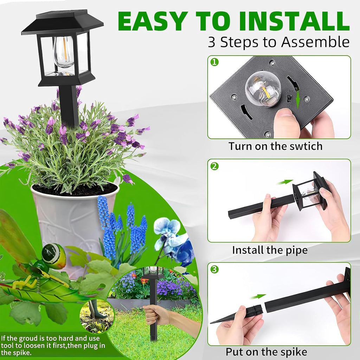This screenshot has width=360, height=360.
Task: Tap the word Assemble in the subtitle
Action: (315, 42)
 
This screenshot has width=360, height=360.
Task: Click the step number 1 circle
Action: (214, 62)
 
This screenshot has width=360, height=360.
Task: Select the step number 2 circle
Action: (214, 166)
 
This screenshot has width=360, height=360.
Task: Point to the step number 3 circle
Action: (214, 269)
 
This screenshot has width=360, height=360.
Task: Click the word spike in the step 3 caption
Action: (295, 352)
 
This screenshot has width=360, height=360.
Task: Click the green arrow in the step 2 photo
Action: (285, 182)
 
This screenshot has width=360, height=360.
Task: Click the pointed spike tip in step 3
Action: (211, 323)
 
